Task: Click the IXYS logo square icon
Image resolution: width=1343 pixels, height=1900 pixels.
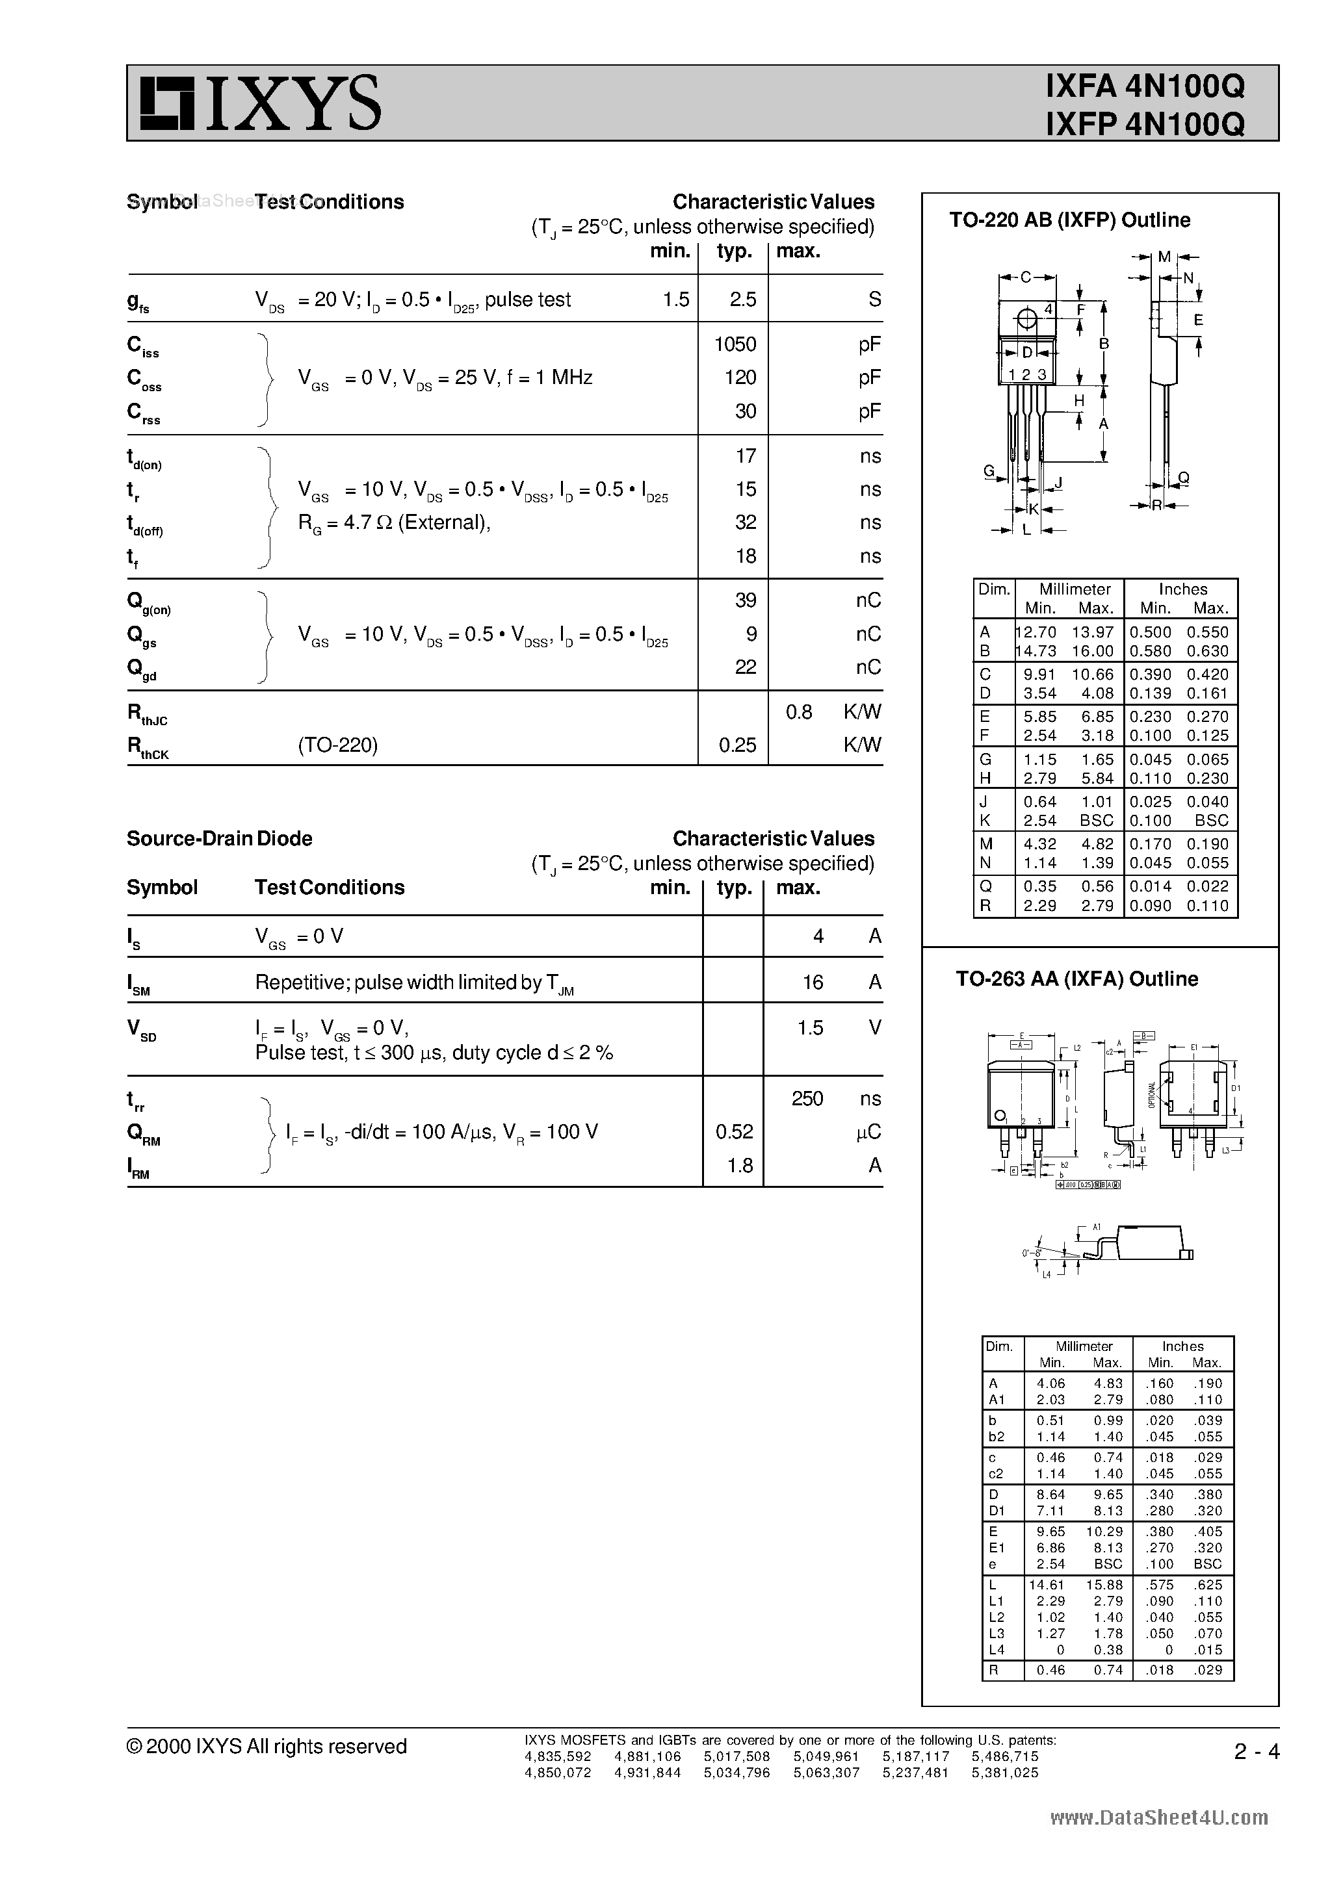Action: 166,103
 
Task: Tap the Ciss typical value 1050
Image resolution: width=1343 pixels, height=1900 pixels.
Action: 735,344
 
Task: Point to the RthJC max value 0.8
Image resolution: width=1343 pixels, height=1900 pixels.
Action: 798,712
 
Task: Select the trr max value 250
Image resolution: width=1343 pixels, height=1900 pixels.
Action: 807,1098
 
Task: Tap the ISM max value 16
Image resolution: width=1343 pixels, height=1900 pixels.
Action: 813,982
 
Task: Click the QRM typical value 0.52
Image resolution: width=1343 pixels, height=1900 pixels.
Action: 735,1131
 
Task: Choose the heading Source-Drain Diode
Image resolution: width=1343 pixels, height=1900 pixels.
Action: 220,838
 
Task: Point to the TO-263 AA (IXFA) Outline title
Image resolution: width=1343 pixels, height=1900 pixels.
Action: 1076,979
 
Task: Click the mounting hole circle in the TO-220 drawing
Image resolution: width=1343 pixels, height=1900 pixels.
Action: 1026,318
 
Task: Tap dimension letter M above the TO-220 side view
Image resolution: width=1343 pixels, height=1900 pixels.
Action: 1164,257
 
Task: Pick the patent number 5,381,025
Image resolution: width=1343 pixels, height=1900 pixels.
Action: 1004,1773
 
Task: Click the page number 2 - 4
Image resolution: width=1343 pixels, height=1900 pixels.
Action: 1256,1752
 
